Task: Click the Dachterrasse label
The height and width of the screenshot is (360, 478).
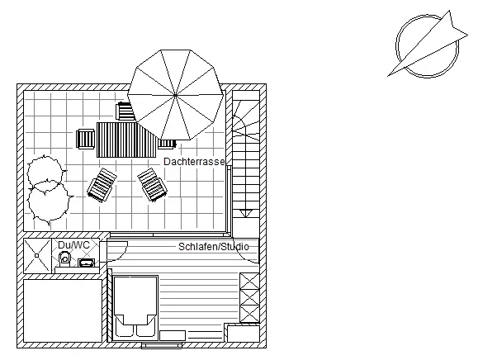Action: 194,162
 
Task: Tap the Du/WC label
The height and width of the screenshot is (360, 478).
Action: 73,244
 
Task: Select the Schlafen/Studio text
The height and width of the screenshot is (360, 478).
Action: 213,247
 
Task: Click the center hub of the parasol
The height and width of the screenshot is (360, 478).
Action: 175,96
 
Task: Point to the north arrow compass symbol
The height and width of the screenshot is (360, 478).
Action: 428,45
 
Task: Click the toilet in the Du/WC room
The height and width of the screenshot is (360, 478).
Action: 64,258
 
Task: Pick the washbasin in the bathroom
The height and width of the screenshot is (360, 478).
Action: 87,263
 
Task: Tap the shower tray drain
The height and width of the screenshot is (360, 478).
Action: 37,255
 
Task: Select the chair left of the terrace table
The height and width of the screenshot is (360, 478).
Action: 86,139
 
